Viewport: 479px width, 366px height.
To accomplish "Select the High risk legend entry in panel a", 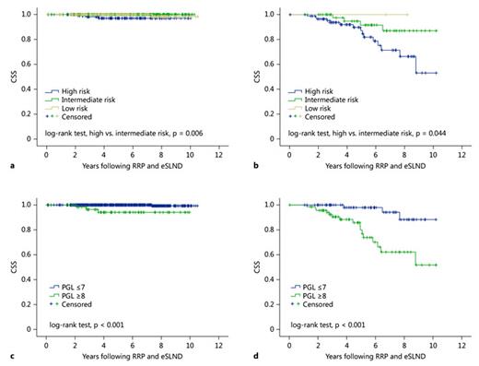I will pyautogui.click(x=78, y=92).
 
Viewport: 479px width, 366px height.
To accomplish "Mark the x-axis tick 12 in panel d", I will pyautogui.click(x=459, y=344).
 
